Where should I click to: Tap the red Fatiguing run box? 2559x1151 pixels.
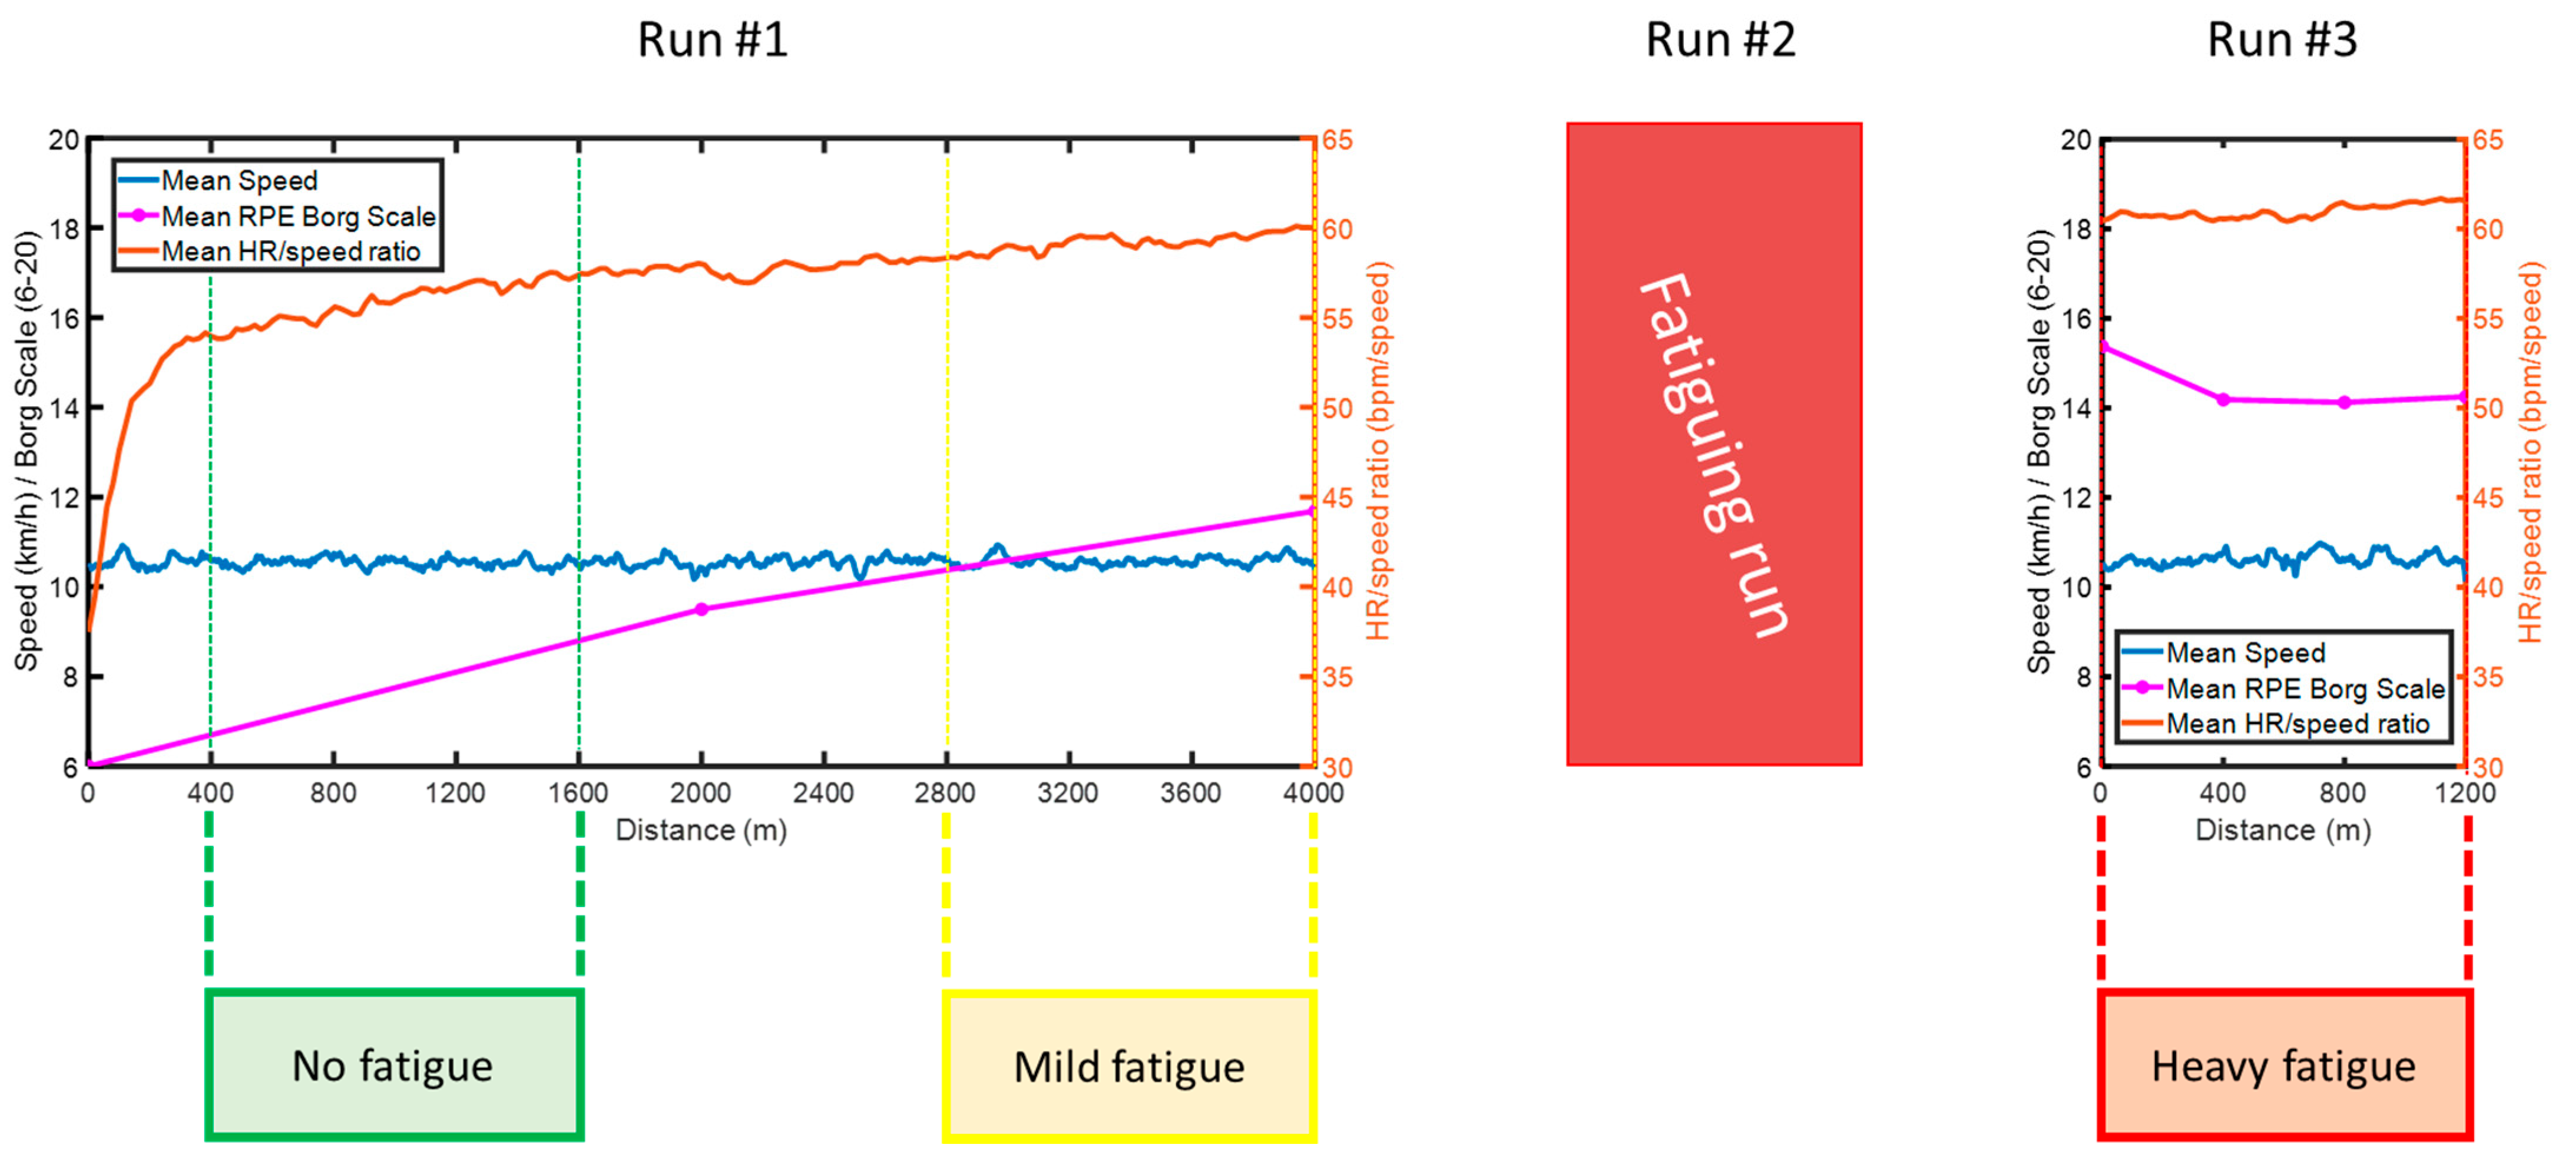[1714, 444]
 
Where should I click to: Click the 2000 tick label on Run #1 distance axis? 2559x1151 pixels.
[700, 793]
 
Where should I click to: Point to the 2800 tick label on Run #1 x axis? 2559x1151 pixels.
[945, 793]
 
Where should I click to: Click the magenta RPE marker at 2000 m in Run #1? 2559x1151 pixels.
[701, 609]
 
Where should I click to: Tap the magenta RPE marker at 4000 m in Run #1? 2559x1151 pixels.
[1311, 511]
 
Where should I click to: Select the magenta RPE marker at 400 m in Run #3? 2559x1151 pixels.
[2223, 399]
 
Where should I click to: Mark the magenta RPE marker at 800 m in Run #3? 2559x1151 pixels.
[2345, 402]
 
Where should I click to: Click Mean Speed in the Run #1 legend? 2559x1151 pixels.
[240, 181]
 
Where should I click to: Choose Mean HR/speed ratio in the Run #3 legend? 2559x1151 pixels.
[2297, 723]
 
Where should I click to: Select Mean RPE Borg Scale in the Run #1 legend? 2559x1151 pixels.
[298, 217]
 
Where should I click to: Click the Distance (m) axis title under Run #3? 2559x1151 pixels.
[2282, 830]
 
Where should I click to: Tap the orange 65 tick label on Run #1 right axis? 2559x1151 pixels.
[1337, 140]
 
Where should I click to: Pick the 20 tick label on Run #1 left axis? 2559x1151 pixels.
[64, 140]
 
